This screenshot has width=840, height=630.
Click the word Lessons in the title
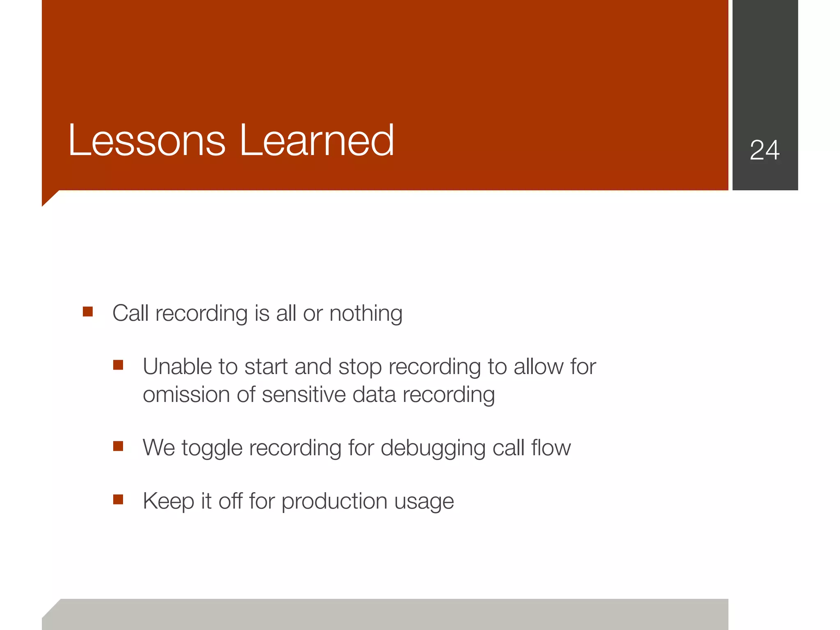(147, 141)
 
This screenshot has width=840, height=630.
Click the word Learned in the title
(317, 141)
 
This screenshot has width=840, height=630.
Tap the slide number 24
(765, 150)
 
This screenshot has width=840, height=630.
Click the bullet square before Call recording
(88, 312)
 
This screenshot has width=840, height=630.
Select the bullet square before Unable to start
(118, 365)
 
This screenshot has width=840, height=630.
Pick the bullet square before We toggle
(118, 446)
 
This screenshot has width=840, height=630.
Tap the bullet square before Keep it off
(118, 500)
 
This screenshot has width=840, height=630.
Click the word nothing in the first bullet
(366, 314)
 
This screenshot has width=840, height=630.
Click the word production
(334, 502)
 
